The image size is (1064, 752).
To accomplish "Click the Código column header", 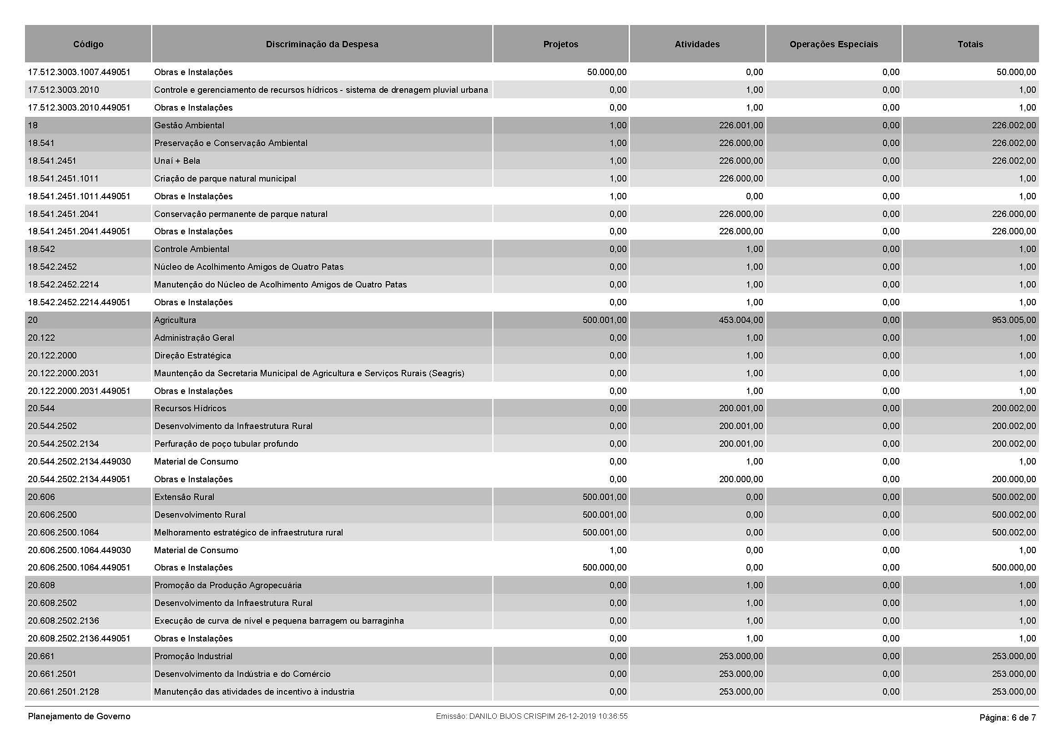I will click(x=88, y=45).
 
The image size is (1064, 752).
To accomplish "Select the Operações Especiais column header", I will click(x=833, y=45).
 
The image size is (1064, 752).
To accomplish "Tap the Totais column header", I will click(x=970, y=45).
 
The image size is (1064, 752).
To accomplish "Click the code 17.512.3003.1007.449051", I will click(x=79, y=72).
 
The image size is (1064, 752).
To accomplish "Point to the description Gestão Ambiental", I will click(x=189, y=126).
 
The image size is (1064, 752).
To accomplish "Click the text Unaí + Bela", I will click(x=177, y=161).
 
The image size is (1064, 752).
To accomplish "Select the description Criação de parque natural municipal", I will click(x=225, y=179).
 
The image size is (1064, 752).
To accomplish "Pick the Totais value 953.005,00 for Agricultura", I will click(x=1014, y=320).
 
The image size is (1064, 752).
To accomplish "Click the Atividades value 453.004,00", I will click(x=741, y=320).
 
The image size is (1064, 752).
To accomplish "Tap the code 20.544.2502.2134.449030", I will click(x=79, y=461).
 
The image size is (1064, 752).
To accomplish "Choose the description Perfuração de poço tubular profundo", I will click(x=226, y=444).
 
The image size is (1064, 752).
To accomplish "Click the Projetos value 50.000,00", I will click(x=607, y=72).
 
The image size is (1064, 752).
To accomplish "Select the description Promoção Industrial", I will click(x=193, y=656).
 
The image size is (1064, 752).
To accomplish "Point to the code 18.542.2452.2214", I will click(x=64, y=284).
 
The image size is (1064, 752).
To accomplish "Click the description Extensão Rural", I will click(x=184, y=497).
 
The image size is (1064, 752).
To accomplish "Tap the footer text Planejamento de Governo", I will click(x=79, y=717).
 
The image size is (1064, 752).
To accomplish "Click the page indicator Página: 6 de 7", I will click(x=1008, y=718).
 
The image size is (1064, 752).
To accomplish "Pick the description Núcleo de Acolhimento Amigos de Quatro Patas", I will click(x=249, y=267).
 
